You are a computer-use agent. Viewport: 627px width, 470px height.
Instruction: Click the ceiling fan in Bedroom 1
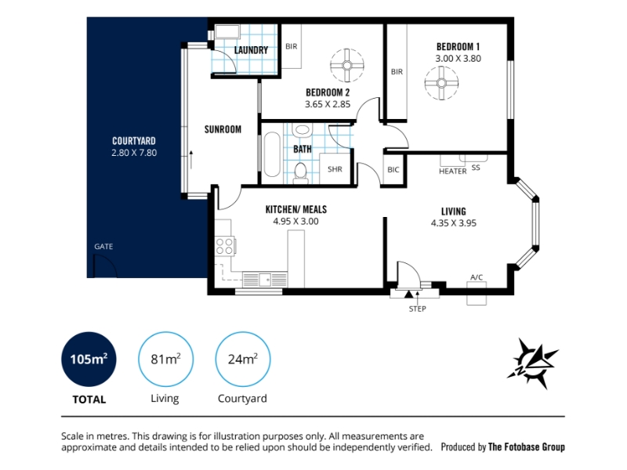441,83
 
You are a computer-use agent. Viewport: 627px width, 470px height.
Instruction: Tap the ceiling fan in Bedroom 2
347,65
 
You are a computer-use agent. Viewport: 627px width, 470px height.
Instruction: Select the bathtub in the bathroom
272,154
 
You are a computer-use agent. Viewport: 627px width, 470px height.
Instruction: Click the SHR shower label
335,169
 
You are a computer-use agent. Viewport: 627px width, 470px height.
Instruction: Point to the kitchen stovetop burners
224,246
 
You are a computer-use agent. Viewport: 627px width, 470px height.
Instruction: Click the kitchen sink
265,280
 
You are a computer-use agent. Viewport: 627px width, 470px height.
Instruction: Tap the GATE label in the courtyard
103,247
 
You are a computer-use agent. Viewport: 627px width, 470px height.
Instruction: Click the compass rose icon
533,363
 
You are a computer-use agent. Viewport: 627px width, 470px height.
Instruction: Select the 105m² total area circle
89,359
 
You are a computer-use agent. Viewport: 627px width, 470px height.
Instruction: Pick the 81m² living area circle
165,359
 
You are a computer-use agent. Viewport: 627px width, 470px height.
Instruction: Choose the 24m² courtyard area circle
243,359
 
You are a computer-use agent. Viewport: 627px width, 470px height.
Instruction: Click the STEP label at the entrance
418,309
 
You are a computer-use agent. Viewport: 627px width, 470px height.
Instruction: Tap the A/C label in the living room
477,277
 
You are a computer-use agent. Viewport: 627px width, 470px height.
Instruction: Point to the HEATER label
453,171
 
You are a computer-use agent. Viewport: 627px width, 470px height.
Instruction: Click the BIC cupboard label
393,170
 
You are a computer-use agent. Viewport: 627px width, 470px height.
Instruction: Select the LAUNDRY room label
251,50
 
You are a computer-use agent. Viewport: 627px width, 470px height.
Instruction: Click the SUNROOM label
223,129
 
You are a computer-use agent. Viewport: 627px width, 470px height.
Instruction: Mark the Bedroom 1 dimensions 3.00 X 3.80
458,58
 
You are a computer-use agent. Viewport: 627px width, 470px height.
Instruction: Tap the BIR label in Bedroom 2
292,46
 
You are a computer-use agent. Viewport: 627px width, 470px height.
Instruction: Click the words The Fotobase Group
527,446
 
